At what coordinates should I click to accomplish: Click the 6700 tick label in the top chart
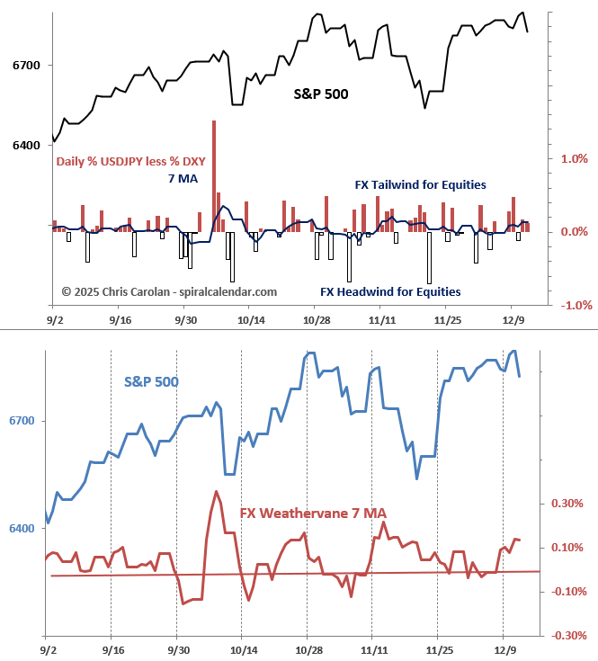click(x=27, y=66)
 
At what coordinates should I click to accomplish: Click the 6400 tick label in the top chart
click(x=27, y=146)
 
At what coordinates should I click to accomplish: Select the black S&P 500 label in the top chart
click(x=321, y=93)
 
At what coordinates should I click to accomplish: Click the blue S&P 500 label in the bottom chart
click(x=151, y=381)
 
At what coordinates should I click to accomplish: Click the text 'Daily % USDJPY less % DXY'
click(x=130, y=162)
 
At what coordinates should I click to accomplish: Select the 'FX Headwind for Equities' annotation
click(x=390, y=291)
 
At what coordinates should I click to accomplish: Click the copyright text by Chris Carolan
click(x=169, y=291)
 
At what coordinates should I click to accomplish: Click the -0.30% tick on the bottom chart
click(x=567, y=635)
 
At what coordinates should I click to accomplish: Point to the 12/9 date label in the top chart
click(x=513, y=319)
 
